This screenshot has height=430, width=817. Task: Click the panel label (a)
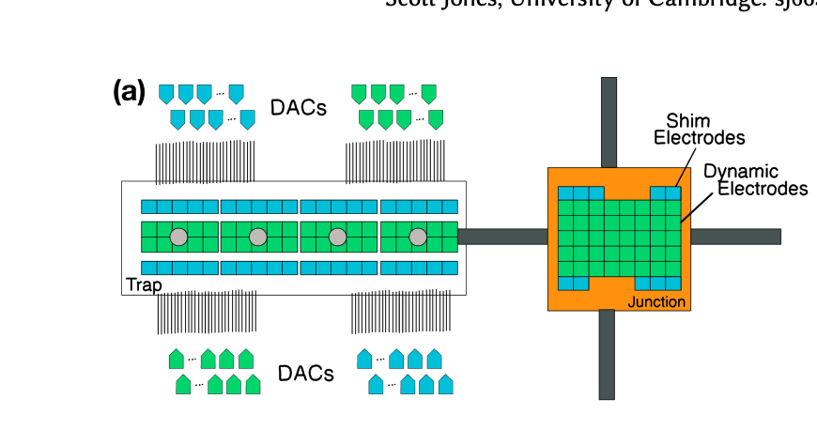(129, 92)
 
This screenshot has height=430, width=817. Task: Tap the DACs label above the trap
(298, 108)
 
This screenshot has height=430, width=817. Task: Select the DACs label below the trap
(305, 374)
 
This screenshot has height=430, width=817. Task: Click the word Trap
(143, 284)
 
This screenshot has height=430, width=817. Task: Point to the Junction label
(656, 301)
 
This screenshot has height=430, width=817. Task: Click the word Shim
(687, 121)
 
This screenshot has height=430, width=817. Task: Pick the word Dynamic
(741, 172)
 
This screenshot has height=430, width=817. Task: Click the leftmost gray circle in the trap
(178, 238)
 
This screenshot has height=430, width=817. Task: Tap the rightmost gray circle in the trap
(418, 238)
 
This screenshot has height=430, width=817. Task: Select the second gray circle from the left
(258, 238)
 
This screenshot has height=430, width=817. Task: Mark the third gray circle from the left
(338, 238)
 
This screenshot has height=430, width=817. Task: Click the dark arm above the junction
(609, 122)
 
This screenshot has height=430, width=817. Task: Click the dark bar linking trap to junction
(502, 237)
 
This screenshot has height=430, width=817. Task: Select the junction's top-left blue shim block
(573, 193)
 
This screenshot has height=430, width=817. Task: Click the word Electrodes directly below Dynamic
(763, 189)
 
